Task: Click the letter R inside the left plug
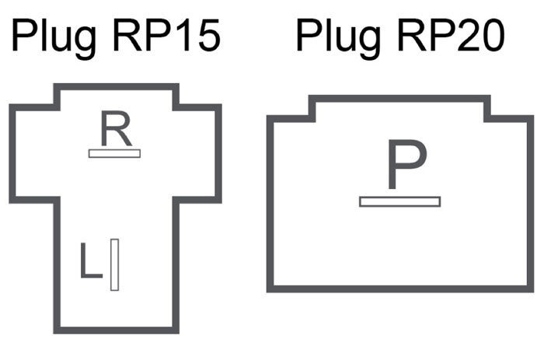115,130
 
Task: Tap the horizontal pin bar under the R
114,153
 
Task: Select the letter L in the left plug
91,262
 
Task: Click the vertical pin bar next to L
114,264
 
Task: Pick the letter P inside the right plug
406,166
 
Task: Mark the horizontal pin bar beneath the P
399,201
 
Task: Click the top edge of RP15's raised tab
117,87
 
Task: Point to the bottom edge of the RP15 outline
117,330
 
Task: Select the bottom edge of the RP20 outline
399,289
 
